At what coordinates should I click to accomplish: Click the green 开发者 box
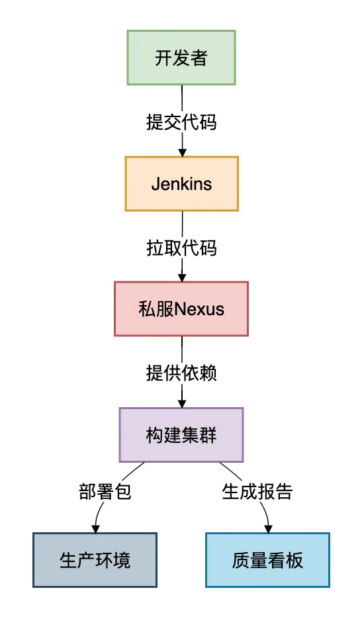181,58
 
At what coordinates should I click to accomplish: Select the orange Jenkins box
181,183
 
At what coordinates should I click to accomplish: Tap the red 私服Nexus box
181,308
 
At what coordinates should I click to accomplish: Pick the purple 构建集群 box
181,434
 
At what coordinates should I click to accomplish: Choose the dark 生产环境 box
95,560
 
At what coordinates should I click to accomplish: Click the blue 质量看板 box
267,560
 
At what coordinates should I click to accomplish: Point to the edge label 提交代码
181,122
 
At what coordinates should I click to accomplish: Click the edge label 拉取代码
181,248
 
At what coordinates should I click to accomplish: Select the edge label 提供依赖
181,373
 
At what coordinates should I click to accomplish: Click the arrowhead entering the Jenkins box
182,152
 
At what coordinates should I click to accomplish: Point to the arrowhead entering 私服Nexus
182,277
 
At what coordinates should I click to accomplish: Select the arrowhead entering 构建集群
182,403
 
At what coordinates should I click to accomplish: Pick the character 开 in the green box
163,58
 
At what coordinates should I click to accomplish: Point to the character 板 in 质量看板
294,560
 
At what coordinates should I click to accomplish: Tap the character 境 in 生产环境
122,560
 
